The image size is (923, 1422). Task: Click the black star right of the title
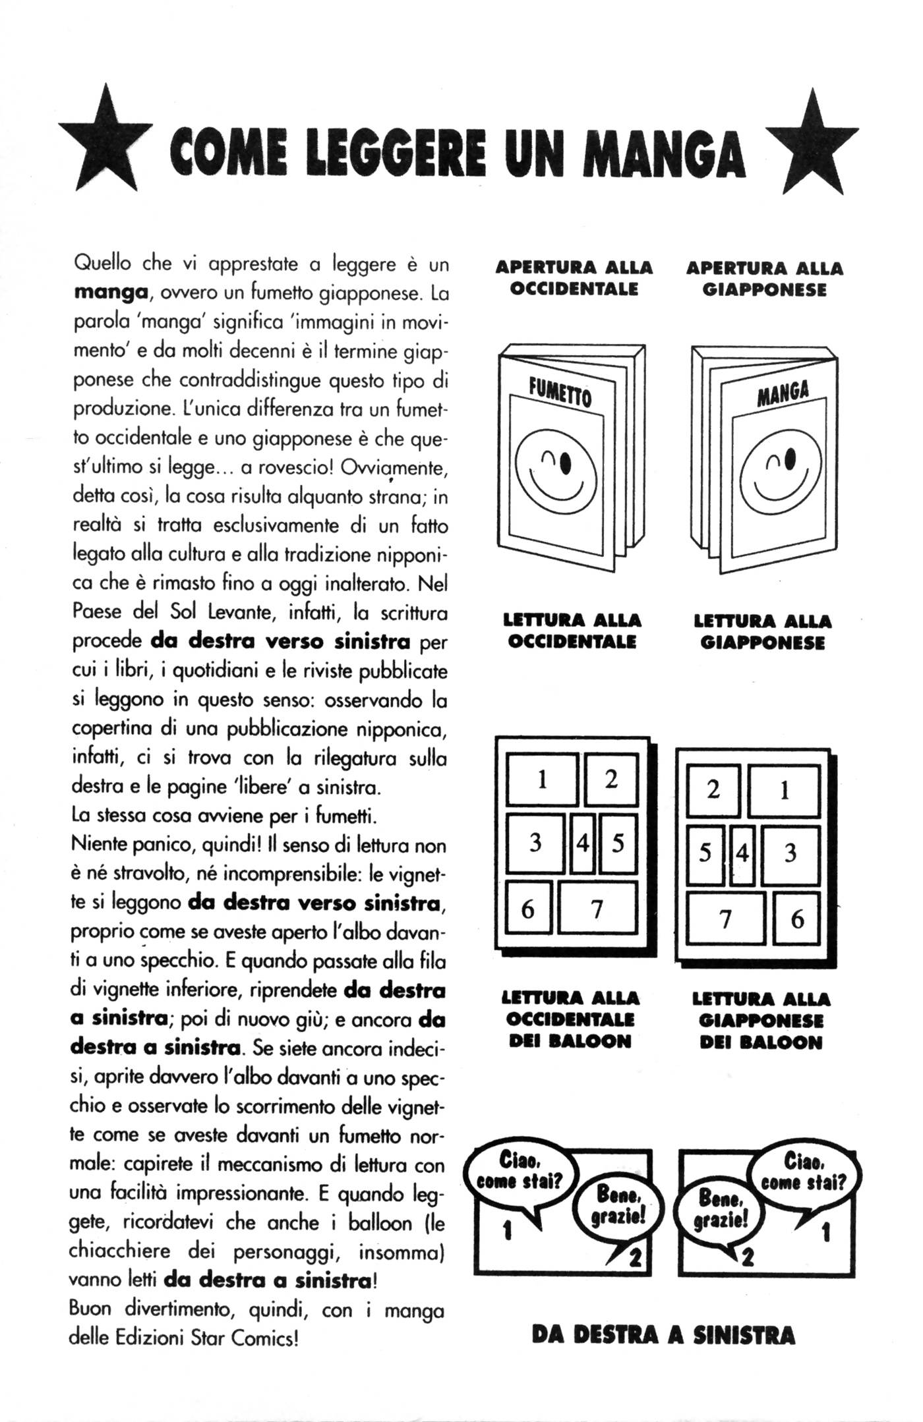pyautogui.click(x=818, y=146)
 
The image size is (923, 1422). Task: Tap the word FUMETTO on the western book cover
pyautogui.click(x=560, y=393)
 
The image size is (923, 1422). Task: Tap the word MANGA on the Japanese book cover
pyautogui.click(x=783, y=393)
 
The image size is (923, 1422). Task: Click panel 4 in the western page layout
pyautogui.click(x=582, y=843)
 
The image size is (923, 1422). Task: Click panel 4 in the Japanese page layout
pyautogui.click(x=742, y=854)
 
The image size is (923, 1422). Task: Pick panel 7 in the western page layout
pyautogui.click(x=597, y=909)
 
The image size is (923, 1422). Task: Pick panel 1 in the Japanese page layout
pyautogui.click(x=784, y=790)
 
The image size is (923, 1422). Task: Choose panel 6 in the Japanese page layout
pyautogui.click(x=796, y=919)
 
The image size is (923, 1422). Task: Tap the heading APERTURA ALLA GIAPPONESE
pyautogui.click(x=764, y=279)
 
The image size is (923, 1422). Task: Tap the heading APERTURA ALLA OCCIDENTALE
pyautogui.click(x=574, y=278)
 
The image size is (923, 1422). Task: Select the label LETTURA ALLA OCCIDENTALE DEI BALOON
pyautogui.click(x=571, y=1019)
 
